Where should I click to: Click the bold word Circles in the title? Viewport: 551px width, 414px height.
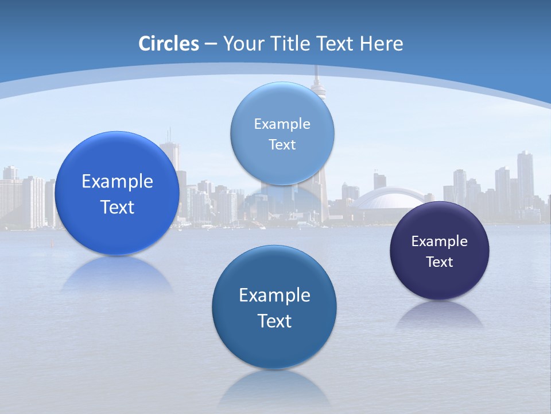click(168, 44)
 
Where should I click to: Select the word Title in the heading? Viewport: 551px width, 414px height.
click(290, 44)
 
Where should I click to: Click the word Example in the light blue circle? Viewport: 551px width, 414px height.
click(282, 124)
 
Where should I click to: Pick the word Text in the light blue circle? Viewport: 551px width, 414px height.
click(282, 145)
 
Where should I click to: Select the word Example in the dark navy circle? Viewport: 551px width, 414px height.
click(439, 241)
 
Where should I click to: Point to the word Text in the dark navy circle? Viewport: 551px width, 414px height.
click(439, 262)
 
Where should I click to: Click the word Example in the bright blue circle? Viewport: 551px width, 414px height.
click(117, 182)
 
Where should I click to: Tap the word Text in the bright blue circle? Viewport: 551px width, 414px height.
click(117, 207)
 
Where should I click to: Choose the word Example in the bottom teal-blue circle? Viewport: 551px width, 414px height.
click(274, 296)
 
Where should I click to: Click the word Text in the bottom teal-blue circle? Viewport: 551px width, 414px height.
click(274, 321)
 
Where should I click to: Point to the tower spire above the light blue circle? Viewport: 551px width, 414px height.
click(316, 78)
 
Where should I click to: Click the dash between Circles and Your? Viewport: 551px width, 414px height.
click(211, 44)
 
